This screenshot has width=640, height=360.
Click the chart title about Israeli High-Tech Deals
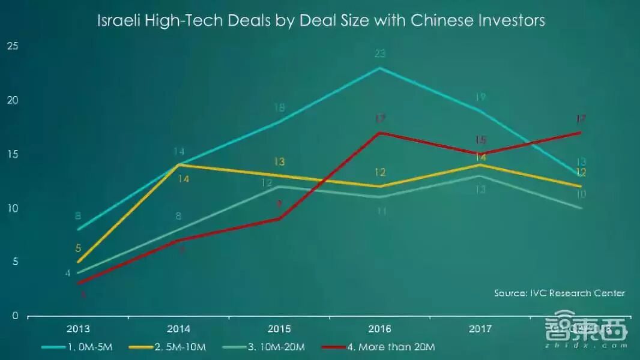321,20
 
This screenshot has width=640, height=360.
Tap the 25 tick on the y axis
13,46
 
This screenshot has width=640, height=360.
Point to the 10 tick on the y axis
13,208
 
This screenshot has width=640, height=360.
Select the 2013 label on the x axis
78,329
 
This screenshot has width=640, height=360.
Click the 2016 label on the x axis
379,329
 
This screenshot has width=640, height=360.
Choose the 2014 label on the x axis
179,329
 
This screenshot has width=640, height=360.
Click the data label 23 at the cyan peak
379,54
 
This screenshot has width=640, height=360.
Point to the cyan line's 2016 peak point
379,68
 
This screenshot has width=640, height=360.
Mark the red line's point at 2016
379,133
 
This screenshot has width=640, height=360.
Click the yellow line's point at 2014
179,165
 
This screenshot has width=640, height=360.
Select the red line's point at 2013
78,283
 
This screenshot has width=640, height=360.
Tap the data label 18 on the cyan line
279,108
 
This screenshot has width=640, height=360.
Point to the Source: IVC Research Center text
560,293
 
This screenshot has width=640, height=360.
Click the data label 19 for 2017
480,97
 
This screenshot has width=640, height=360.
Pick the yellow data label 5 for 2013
79,248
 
